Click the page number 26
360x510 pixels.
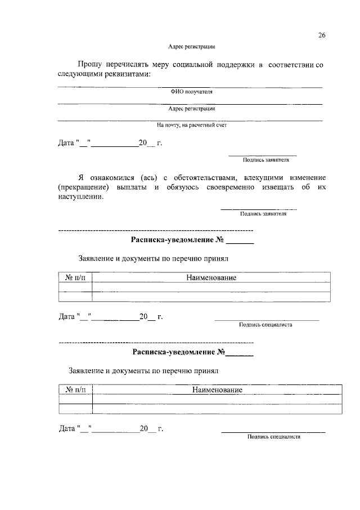point(322,35)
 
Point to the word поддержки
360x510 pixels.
point(238,66)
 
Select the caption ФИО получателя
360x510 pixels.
point(192,92)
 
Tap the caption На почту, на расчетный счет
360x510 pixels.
point(191,126)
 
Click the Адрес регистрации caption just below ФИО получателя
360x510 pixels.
point(192,109)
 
